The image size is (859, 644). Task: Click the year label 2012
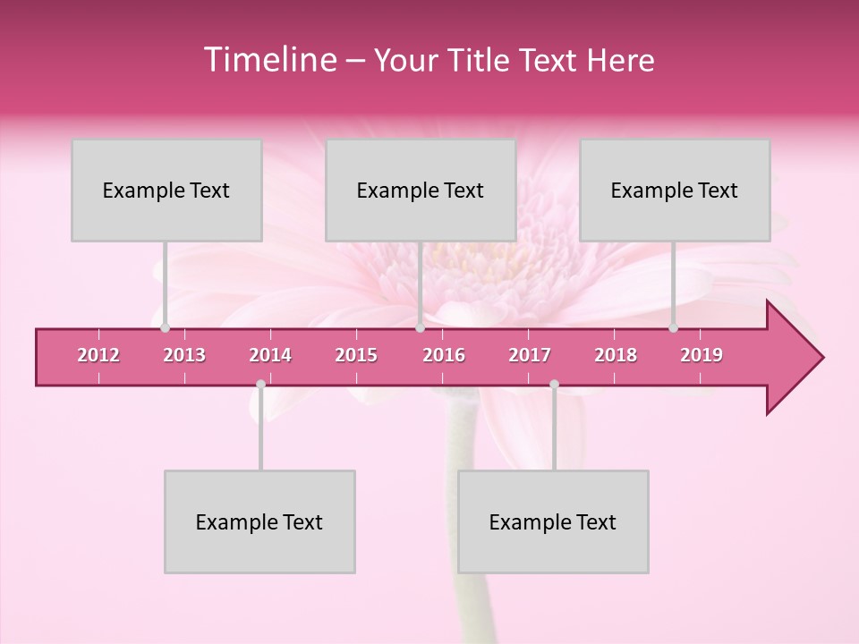coord(98,355)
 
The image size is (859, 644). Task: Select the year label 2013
coord(184,355)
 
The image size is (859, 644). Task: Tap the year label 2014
coord(270,355)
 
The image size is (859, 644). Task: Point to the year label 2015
coord(356,355)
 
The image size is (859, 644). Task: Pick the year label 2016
coord(444,355)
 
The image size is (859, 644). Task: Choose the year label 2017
coord(530,355)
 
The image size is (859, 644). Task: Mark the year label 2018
coord(616,355)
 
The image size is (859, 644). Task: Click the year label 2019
coord(702,355)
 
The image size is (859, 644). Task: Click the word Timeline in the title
coord(268,60)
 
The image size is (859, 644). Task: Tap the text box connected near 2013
coord(166,190)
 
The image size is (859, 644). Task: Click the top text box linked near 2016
coord(421,190)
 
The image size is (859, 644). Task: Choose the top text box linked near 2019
coord(675,190)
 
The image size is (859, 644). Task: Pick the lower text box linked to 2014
coord(259,521)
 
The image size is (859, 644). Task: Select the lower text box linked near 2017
coord(553,521)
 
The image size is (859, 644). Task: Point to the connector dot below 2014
coord(260,385)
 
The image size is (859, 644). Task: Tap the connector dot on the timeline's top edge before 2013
coord(165,328)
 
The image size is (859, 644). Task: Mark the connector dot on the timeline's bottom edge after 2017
coord(554,385)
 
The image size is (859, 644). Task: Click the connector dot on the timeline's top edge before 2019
coord(673,328)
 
